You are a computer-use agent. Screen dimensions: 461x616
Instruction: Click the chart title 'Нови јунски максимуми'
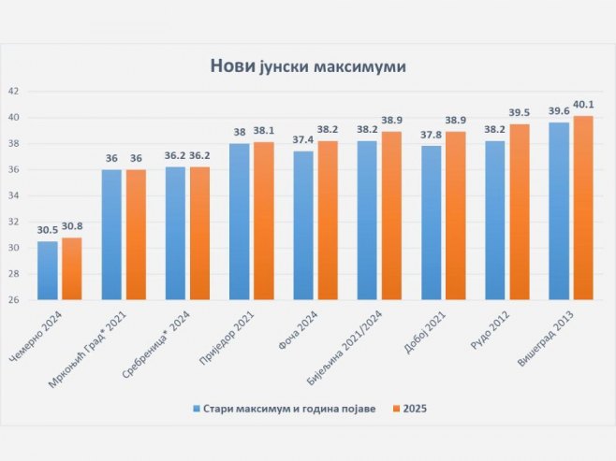(x=307, y=66)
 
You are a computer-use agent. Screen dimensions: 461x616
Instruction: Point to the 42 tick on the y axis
(x=13, y=92)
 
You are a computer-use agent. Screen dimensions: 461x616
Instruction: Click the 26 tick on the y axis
(x=13, y=300)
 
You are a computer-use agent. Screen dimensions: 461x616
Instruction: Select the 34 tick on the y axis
(x=13, y=195)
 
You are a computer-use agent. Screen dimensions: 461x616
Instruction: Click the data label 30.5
(x=46, y=230)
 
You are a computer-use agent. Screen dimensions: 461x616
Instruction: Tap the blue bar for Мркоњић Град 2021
(x=111, y=235)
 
